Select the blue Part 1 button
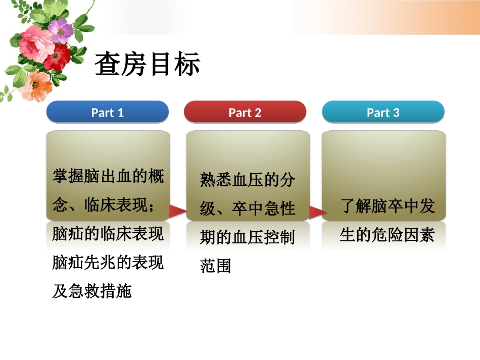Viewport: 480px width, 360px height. pos(107,112)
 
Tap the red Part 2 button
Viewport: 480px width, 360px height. pos(245,112)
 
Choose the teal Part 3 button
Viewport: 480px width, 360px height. pos(383,112)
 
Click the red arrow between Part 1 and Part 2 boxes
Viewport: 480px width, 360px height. pos(177,211)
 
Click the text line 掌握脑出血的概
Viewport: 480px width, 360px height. pos(108,176)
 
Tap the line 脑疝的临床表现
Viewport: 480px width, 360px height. pos(108,234)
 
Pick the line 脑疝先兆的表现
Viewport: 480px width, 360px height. pos(108,263)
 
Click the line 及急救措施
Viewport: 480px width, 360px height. pos(92,291)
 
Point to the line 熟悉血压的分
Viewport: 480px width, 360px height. pos(248,179)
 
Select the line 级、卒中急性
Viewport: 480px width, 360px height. pos(248,208)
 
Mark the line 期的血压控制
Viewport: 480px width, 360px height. pos(248,237)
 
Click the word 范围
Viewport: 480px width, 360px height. pos(216,266)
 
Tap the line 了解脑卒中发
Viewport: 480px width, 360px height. pos(388,206)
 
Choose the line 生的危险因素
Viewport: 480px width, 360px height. pos(387,235)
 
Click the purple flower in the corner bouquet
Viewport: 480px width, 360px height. pos(61,30)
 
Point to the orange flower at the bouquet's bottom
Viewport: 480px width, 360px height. pos(36,85)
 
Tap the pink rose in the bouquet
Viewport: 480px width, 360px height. pos(36,43)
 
